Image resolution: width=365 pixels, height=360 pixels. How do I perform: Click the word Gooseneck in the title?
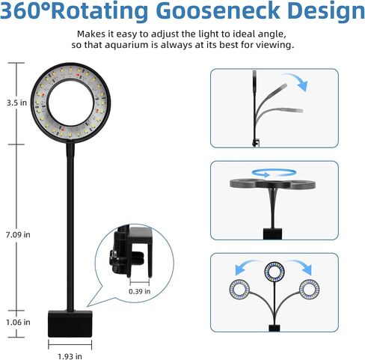click(218, 10)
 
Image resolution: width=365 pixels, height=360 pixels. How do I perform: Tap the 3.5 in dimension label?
click(16, 103)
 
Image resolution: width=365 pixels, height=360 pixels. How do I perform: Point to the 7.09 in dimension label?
click(18, 234)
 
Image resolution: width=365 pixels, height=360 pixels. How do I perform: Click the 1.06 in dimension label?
click(18, 322)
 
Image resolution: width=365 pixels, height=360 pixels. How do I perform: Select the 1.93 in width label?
click(70, 356)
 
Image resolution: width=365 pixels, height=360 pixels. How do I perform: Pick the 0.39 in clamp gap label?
click(140, 291)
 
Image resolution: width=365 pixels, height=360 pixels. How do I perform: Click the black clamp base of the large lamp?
click(70, 323)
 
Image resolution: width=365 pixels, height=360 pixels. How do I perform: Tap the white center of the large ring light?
click(71, 103)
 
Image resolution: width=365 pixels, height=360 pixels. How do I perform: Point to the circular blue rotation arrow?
click(274, 173)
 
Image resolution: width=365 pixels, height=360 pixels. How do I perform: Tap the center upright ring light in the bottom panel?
click(274, 271)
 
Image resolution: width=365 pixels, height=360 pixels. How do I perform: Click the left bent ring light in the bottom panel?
click(239, 289)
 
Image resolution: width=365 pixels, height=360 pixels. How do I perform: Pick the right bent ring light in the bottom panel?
click(309, 290)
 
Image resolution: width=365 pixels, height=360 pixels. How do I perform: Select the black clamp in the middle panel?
click(272, 234)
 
